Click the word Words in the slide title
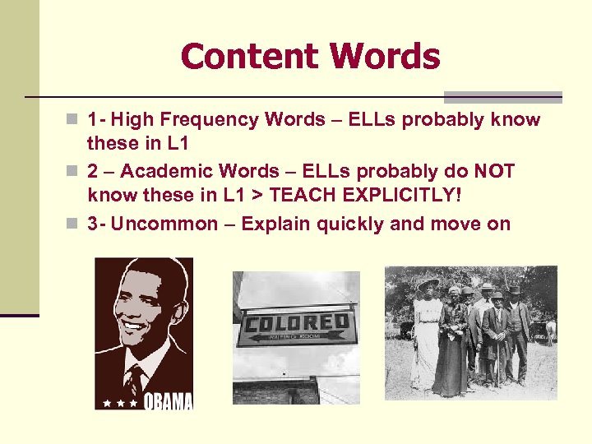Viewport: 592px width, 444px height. tap(385, 57)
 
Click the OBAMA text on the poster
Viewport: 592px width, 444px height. tap(169, 400)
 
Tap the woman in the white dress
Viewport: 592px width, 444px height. tap(426, 333)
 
